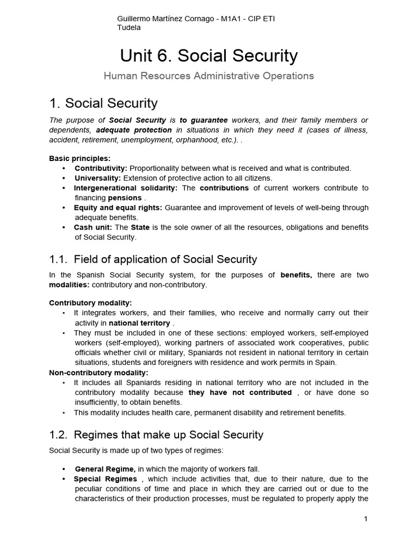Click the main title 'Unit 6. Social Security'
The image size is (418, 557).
click(208, 55)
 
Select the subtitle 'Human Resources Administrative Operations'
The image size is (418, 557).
click(208, 76)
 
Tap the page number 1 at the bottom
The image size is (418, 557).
click(366, 519)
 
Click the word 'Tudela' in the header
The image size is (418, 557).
click(128, 28)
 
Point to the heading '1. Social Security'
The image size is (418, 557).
click(103, 103)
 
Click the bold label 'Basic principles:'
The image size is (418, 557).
click(79, 158)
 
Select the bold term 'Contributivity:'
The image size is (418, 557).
click(101, 168)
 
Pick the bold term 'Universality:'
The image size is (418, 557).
click(98, 178)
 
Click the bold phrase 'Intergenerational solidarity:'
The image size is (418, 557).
click(126, 188)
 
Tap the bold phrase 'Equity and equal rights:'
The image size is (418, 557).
click(118, 207)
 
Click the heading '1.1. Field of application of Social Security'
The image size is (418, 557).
click(153, 259)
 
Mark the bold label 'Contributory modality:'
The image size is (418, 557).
click(90, 302)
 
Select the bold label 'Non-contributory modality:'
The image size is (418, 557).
click(99, 373)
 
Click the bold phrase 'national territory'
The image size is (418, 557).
click(139, 323)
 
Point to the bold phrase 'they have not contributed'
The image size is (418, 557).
click(240, 392)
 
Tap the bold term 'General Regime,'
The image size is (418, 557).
click(105, 468)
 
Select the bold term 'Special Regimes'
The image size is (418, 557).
click(106, 479)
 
